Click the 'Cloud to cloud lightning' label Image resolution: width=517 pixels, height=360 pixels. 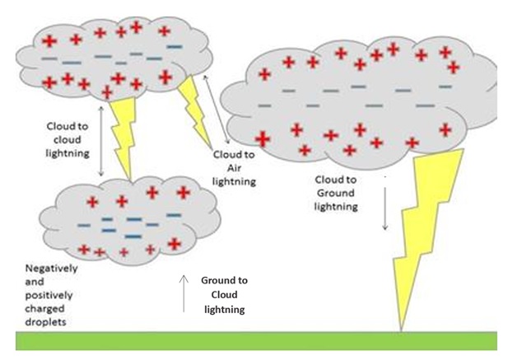click(x=68, y=140)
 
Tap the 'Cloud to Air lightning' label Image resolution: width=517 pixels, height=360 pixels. click(x=234, y=168)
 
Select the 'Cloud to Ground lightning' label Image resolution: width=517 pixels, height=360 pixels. click(x=336, y=193)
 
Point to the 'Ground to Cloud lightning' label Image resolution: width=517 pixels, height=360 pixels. click(x=224, y=295)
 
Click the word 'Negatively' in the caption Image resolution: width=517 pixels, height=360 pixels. click(x=51, y=269)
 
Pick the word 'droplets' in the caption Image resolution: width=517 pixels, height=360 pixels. click(x=46, y=322)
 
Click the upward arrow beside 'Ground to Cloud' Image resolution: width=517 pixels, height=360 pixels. click(x=184, y=293)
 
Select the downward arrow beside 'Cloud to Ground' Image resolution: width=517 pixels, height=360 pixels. click(x=384, y=208)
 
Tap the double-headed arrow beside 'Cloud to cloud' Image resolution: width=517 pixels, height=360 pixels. click(x=101, y=141)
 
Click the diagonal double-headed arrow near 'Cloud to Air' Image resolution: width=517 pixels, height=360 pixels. click(x=217, y=110)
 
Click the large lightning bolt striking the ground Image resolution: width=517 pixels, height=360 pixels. click(x=426, y=231)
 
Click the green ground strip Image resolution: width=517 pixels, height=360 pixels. click(x=256, y=341)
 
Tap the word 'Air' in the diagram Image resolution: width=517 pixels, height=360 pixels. click(x=234, y=168)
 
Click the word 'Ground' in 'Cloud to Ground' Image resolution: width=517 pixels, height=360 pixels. click(x=336, y=193)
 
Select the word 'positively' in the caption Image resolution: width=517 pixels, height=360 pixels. click(x=49, y=295)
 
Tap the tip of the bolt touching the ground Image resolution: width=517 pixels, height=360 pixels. click(x=401, y=330)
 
